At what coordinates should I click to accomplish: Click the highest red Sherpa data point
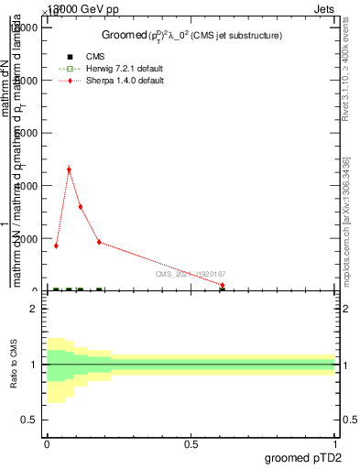click(69, 169)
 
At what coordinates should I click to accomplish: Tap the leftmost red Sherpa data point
click(56, 245)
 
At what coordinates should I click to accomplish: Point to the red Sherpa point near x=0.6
click(223, 285)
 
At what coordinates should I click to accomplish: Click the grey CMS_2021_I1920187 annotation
click(191, 274)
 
